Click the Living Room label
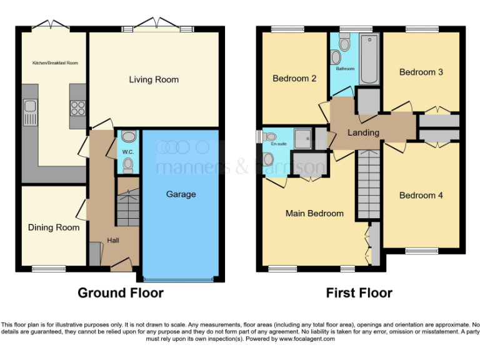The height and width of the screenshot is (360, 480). (x=154, y=79)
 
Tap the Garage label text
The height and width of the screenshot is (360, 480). (x=181, y=194)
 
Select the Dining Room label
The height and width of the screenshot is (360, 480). (x=54, y=227)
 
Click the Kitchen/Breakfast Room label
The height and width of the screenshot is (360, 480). (x=55, y=63)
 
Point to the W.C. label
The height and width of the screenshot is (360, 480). (x=127, y=151)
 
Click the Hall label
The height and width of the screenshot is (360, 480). (x=113, y=240)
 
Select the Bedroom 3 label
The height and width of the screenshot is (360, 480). (x=421, y=72)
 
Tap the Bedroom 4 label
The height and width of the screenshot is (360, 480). (x=421, y=196)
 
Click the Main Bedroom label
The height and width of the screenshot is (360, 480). (x=314, y=213)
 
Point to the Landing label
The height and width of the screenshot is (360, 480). (x=363, y=132)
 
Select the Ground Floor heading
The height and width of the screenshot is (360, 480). (x=121, y=292)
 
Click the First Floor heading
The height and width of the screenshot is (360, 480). (x=359, y=292)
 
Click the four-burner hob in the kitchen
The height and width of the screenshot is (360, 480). (x=78, y=108)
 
